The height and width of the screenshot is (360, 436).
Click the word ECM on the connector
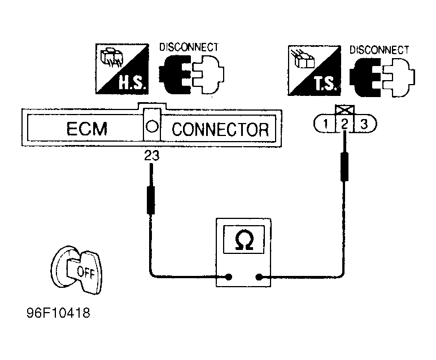87,129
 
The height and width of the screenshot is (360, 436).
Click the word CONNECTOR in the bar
220,129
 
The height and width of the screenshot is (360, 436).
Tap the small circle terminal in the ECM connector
152,126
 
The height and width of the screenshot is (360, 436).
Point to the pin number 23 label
151,156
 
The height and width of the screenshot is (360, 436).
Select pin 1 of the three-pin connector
325,124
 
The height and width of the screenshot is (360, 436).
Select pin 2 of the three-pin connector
345,124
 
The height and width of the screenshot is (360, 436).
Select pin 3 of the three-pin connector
364,124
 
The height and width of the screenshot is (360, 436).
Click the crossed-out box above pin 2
345,110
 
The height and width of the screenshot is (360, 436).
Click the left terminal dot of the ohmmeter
229,276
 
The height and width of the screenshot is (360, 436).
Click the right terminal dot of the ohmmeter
259,276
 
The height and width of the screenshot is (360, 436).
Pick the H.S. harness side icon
122,69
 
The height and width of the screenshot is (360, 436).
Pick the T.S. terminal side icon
314,71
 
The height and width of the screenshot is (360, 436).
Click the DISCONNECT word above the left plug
189,47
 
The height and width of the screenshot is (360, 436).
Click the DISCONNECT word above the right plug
379,50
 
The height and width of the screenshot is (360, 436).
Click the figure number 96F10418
58,313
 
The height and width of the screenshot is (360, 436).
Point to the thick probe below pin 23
151,200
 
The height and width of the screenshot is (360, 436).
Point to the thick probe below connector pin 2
345,166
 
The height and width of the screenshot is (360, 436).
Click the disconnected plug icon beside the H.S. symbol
191,74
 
